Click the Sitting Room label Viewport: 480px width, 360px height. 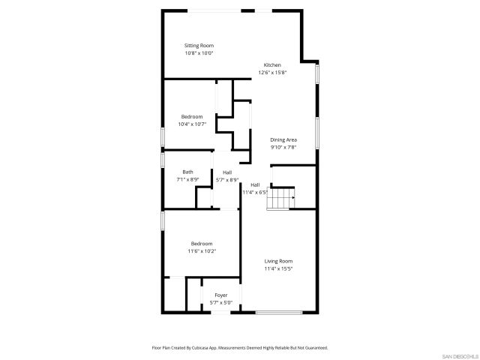click(x=199, y=46)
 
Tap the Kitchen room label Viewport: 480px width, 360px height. click(x=272, y=65)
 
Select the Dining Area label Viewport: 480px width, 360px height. click(x=283, y=140)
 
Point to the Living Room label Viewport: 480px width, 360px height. click(x=278, y=261)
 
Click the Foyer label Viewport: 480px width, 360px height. click(x=221, y=295)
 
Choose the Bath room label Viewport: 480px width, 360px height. click(x=187, y=172)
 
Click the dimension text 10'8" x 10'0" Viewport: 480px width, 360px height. click(x=199, y=53)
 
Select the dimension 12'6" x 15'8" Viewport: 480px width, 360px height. click(x=272, y=72)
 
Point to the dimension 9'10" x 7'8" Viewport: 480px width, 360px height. click(x=283, y=147)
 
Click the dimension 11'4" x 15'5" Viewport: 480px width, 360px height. click(x=278, y=268)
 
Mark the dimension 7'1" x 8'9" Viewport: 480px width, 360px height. click(x=187, y=179)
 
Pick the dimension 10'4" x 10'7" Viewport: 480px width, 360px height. click(x=192, y=124)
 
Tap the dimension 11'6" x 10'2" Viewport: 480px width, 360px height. click(x=202, y=250)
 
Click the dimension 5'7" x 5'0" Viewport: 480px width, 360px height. click(x=221, y=302)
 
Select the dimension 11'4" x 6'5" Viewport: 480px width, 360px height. click(x=255, y=192)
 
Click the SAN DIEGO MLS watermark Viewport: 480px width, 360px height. click(x=459, y=355)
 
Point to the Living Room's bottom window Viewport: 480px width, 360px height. click(x=279, y=312)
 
